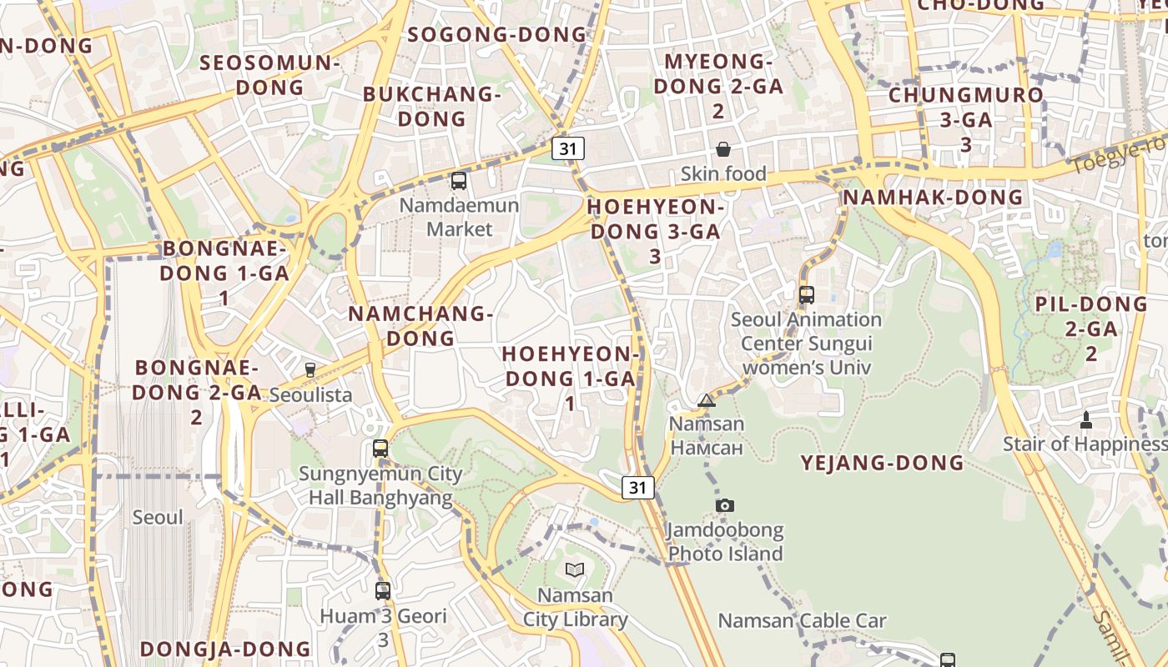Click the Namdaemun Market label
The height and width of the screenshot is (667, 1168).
click(x=459, y=217)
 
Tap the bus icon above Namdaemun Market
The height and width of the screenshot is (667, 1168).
click(x=458, y=180)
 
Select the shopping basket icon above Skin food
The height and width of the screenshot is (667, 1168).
click(x=722, y=149)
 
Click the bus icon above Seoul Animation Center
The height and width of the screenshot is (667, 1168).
click(x=806, y=294)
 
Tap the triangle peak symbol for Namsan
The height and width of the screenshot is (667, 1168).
click(x=707, y=400)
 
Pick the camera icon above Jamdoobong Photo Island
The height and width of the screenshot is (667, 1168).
click(x=725, y=505)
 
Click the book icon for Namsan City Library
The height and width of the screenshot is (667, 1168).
click(x=574, y=570)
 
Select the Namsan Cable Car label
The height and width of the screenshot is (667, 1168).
click(x=802, y=621)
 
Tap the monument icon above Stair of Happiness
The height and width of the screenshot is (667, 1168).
click(x=1086, y=419)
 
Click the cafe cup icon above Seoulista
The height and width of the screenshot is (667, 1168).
click(x=310, y=369)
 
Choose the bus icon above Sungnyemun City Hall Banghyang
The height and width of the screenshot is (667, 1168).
click(x=380, y=449)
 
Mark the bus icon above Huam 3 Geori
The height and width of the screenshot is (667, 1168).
click(x=383, y=591)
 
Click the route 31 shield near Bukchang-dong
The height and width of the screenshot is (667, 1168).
click(x=568, y=149)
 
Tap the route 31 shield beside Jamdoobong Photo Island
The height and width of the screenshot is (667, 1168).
click(x=638, y=488)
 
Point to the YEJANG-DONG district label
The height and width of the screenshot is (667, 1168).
click(x=883, y=464)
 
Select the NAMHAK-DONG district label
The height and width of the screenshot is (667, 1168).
click(x=933, y=198)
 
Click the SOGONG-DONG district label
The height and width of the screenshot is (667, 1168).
click(x=498, y=35)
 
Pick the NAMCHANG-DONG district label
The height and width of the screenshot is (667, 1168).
click(x=420, y=326)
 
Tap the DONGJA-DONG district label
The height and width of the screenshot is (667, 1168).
click(x=225, y=649)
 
